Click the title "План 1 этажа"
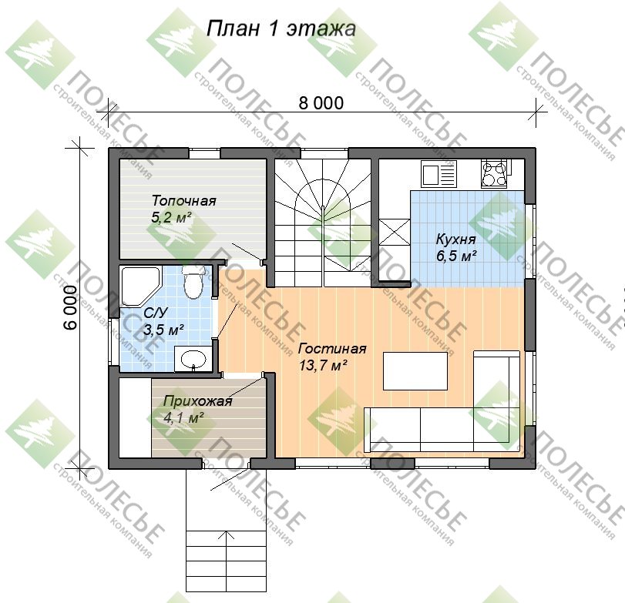tap(281, 28)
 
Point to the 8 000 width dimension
tap(321, 102)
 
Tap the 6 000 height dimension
tap(70, 307)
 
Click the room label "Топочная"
tap(183, 200)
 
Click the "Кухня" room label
tap(456, 239)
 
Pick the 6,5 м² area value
tap(456, 256)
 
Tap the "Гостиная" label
tap(332, 349)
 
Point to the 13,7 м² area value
tap(323, 365)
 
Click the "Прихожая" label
tap(198, 400)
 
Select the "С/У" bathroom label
tap(156, 313)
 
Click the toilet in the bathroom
tap(193, 282)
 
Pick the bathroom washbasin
tap(193, 359)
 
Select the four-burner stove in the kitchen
tap(494, 173)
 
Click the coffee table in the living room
tap(415, 370)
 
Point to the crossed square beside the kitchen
tap(394, 232)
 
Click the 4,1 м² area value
tap(183, 417)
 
